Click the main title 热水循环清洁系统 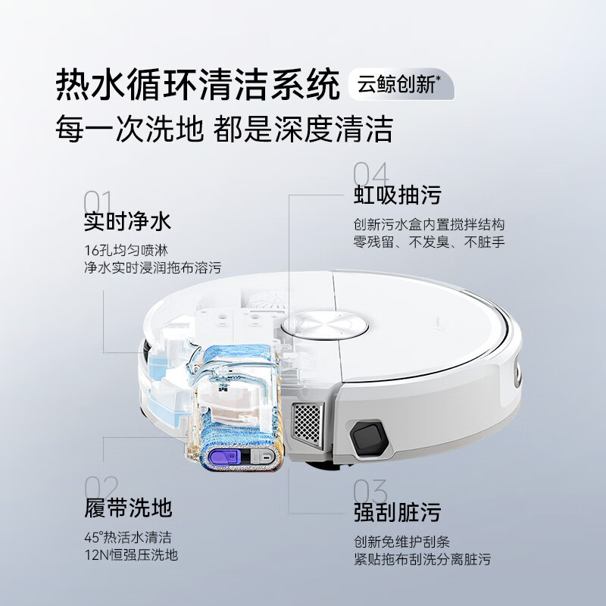[x=198, y=85]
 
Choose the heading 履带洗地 [x=128, y=507]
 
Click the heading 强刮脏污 [x=397, y=511]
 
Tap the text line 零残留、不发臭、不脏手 [x=429, y=242]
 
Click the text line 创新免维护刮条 [x=401, y=542]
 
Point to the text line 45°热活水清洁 [x=128, y=537]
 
